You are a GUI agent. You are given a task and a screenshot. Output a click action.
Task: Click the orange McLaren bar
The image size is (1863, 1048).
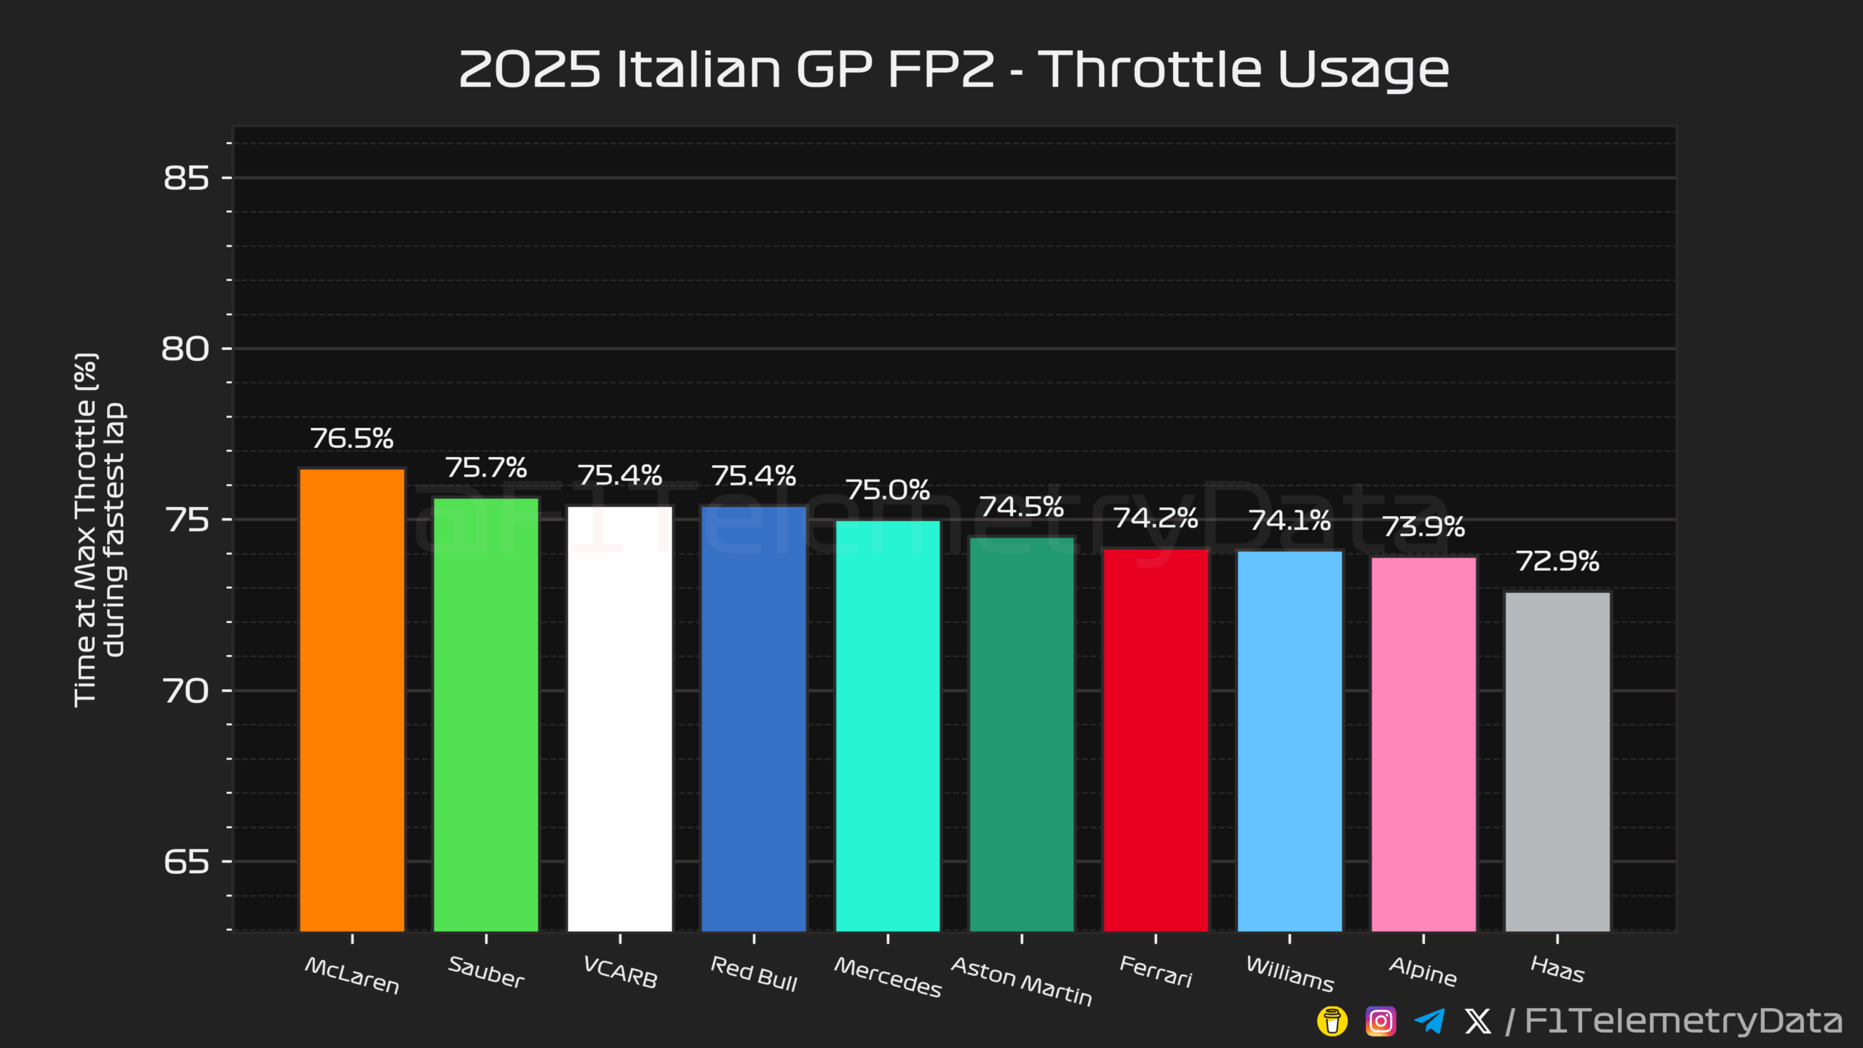tap(351, 699)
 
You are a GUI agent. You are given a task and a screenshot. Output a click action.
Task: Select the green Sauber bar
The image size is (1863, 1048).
tap(486, 713)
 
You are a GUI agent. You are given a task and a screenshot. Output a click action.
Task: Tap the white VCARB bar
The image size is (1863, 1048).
tap(620, 718)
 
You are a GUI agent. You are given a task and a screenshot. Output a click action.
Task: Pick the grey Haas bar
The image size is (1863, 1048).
tap(1557, 761)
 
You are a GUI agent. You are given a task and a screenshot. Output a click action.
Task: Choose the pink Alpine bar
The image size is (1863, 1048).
tap(1423, 743)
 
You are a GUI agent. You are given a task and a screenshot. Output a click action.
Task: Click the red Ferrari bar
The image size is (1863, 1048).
tap(1156, 739)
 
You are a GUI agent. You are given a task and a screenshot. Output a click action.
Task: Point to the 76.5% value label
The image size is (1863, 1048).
tap(351, 438)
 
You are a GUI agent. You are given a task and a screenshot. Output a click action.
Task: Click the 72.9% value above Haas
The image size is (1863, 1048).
tap(1557, 561)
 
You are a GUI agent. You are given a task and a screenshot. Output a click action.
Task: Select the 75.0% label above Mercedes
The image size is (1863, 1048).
tap(888, 490)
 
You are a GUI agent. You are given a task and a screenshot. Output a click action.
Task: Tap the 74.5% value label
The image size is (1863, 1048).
tap(1022, 507)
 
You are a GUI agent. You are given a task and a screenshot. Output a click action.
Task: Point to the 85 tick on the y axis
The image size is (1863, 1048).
tap(186, 178)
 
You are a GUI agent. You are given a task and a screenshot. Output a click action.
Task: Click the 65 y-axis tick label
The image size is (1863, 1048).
tap(186, 862)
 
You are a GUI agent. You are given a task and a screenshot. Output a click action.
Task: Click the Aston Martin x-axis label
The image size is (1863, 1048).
tap(1022, 982)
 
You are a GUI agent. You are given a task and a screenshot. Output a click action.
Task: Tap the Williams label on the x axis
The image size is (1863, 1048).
tap(1290, 974)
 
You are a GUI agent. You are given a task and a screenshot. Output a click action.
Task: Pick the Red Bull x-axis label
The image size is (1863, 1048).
tap(754, 974)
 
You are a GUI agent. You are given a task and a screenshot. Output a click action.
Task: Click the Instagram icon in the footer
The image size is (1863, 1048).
tap(1381, 1021)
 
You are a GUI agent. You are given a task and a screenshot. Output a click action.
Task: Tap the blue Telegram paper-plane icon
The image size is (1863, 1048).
tap(1429, 1021)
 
